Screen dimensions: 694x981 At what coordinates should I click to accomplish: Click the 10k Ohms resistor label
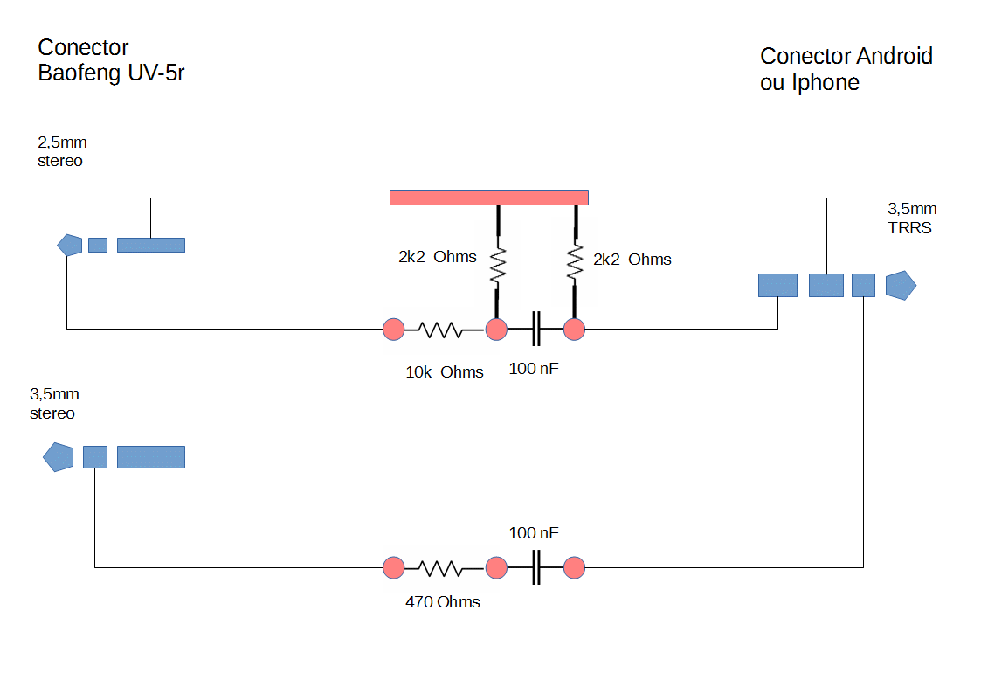(x=444, y=372)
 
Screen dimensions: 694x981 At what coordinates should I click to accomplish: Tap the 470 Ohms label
(x=443, y=602)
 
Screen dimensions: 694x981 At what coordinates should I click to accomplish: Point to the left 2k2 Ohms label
(x=437, y=257)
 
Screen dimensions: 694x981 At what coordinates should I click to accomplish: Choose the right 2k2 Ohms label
(x=632, y=260)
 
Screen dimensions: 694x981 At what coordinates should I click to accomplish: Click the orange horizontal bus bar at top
(x=488, y=198)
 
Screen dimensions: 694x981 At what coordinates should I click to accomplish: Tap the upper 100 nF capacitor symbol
(x=536, y=330)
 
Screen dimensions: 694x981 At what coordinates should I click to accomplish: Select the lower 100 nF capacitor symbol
(x=536, y=568)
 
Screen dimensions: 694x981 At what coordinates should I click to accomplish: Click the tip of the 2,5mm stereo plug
(x=69, y=245)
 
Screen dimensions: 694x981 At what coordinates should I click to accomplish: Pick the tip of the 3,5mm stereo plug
(x=58, y=456)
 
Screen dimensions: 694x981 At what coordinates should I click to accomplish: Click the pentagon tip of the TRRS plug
(x=901, y=285)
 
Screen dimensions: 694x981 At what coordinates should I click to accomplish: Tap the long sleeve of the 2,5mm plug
(x=150, y=245)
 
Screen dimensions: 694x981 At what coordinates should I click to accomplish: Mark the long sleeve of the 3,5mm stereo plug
(x=150, y=456)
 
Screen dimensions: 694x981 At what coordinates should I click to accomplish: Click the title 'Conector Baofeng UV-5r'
(x=110, y=60)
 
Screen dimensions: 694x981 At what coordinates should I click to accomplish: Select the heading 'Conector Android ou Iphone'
(x=846, y=69)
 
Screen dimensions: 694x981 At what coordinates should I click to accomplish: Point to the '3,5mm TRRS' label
(x=911, y=219)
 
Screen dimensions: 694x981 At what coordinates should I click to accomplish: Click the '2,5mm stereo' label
(x=61, y=151)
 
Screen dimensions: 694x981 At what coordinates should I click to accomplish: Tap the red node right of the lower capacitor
(x=574, y=568)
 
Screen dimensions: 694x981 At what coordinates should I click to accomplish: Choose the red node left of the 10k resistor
(x=394, y=330)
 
